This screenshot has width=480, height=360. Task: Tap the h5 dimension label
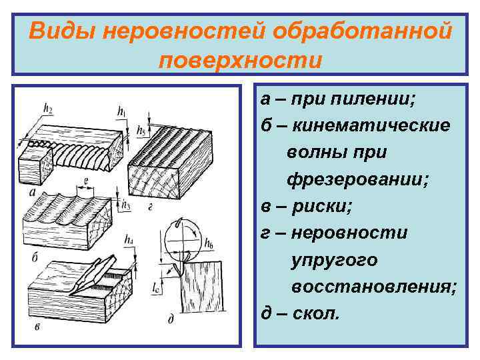pos(141,129)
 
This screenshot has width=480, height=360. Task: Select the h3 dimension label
pos(127,205)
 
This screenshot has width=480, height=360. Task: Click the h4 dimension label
pos(128,239)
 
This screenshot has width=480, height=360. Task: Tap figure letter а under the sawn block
pos(33,192)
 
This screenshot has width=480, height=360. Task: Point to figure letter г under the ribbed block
pos(152,207)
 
